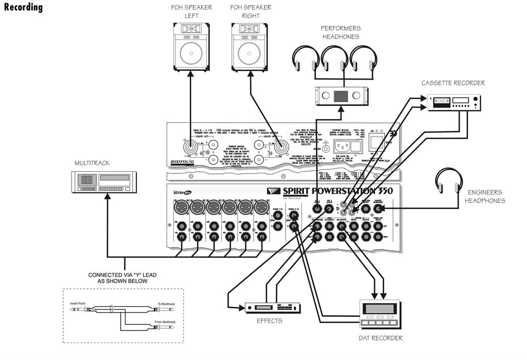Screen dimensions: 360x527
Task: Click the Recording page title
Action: (23, 7)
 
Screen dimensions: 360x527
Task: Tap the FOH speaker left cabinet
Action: (191, 47)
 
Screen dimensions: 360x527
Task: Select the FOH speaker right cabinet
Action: (250, 47)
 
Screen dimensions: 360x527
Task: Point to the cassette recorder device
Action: (454, 102)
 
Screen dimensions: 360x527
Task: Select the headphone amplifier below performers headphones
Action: (340, 95)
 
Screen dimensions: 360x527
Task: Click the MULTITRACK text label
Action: (92, 163)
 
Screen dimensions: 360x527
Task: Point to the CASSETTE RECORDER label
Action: (453, 83)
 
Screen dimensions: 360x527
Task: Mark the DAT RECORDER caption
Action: (380, 338)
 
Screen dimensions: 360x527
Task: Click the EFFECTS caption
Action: (269, 320)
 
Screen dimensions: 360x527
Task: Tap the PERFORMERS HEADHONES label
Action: (340, 32)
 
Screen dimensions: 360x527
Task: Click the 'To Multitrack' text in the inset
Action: (168, 304)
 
